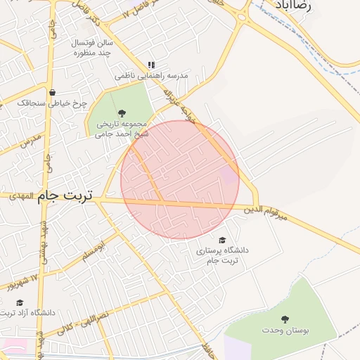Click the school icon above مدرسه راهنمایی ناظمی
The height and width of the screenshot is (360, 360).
tap(150, 65)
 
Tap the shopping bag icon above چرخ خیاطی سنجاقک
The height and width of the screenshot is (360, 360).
tap(52, 91)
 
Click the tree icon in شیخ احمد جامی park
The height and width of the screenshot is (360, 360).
tap(122, 112)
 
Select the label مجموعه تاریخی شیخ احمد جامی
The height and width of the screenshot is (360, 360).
tap(122, 128)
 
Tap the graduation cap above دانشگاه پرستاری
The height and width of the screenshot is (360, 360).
tap(222, 240)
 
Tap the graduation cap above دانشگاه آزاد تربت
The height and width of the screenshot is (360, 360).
tap(20, 302)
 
